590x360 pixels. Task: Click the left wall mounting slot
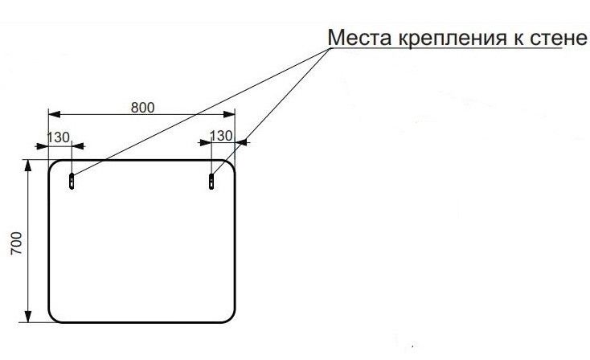pos(72,181)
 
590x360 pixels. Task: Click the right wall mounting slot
pos(211,181)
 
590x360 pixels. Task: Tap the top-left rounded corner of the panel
pos(55,166)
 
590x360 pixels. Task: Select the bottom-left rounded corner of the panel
pos(55,317)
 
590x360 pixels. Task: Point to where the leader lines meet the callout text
pos(330,49)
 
